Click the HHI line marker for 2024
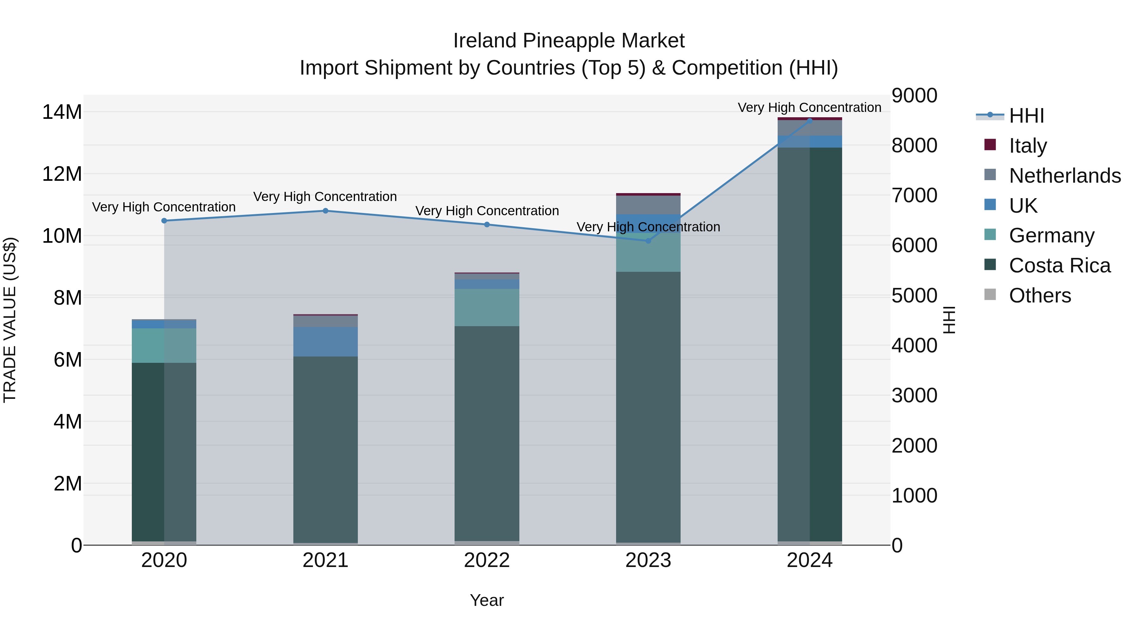click(809, 121)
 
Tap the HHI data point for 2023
click(648, 241)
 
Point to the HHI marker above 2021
click(325, 211)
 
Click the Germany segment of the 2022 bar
click(486, 308)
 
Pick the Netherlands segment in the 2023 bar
click(648, 205)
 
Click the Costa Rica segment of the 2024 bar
click(809, 344)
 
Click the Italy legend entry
click(1027, 145)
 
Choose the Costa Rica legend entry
click(1059, 265)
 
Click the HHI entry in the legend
click(1026, 116)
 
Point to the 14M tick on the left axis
click(62, 112)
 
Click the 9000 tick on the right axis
click(914, 96)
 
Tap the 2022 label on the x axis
click(486, 560)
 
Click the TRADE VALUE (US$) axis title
click(10, 320)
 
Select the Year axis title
click(486, 600)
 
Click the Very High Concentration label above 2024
click(809, 107)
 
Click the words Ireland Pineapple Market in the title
click(569, 41)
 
